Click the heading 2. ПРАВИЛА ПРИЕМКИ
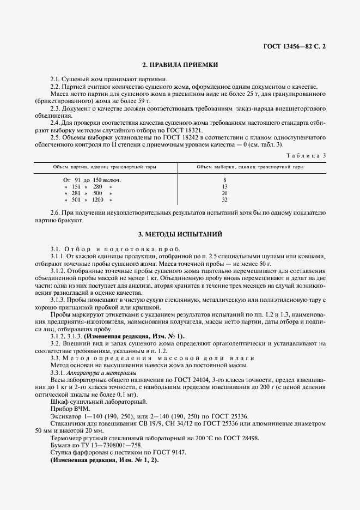[180, 65]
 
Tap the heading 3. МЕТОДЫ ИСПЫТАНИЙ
[180, 234]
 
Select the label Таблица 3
[308, 155]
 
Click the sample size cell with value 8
[225, 179]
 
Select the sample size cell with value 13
[225, 186]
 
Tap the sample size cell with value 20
[225, 193]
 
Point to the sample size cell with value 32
[225, 200]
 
